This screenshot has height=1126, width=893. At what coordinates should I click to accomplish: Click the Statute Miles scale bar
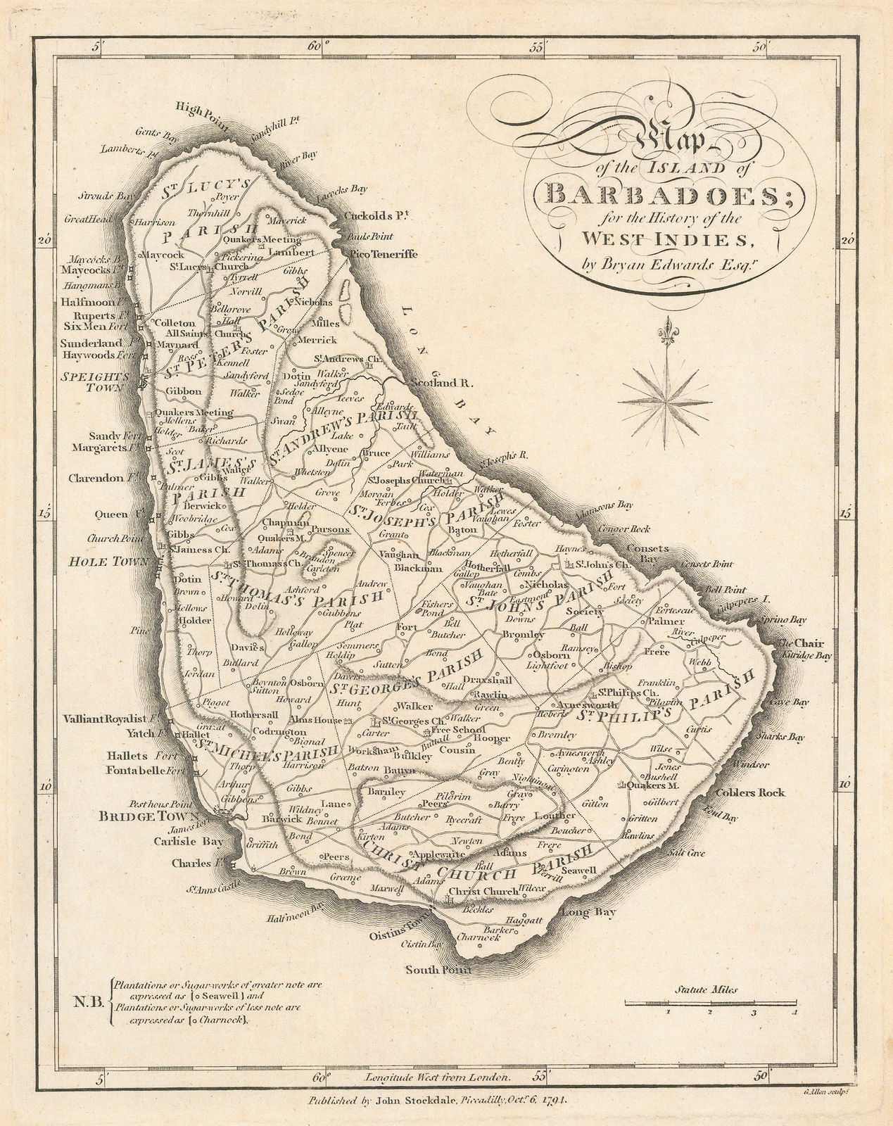[x=711, y=1002]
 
